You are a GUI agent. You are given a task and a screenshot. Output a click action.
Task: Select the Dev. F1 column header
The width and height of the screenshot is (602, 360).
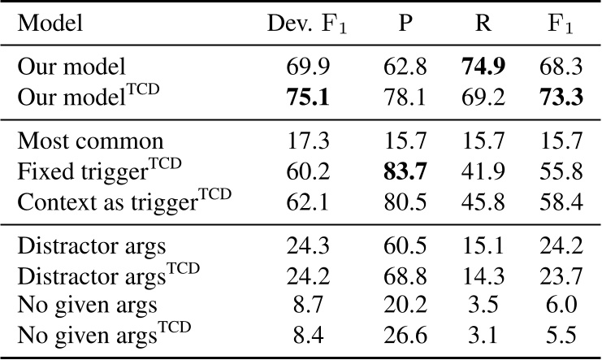click(305, 24)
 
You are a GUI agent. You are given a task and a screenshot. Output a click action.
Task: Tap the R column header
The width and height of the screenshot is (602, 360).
click(483, 24)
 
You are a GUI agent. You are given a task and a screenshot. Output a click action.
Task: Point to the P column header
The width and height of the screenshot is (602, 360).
click(405, 24)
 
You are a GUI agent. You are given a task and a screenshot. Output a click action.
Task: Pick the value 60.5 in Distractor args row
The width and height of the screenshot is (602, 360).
click(405, 248)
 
